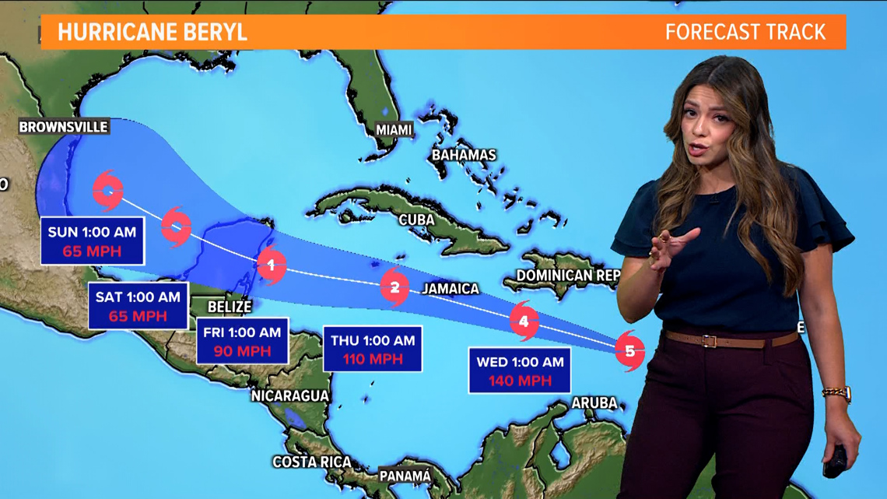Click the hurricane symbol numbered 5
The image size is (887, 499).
[629, 350]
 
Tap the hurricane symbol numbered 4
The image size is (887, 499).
[524, 320]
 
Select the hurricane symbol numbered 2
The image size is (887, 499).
[395, 288]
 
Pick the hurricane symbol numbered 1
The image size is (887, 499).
[271, 266]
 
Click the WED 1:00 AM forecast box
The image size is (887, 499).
[520, 371]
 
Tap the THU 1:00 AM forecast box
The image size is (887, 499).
[373, 349]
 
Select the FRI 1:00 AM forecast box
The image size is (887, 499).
[242, 341]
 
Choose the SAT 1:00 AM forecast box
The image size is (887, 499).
[138, 306]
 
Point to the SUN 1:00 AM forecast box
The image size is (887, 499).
[92, 241]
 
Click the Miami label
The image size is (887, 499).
[394, 129]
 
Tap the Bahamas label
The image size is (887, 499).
[464, 155]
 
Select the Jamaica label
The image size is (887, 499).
[451, 289]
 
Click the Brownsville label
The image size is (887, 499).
[64, 126]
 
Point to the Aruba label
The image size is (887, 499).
[594, 403]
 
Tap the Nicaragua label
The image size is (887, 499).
[290, 395]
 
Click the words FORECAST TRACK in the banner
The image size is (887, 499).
[745, 32]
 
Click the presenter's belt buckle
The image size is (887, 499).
[709, 340]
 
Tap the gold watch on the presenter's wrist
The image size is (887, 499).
[836, 393]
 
